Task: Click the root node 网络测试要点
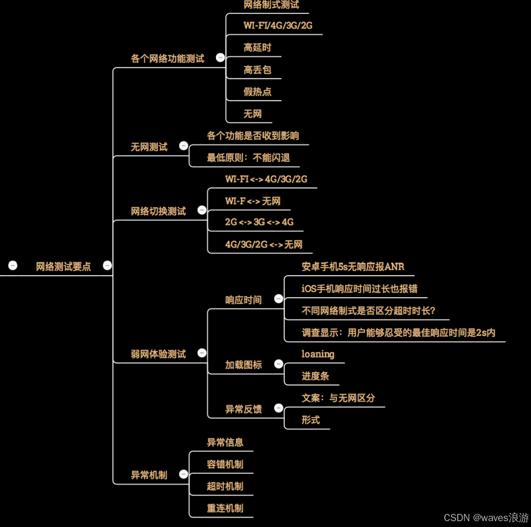coord(63,267)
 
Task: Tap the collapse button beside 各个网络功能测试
coord(220,58)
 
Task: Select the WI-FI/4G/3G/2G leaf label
coord(278,26)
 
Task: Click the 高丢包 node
coord(257,70)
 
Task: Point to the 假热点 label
coord(257,92)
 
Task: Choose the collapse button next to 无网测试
coord(183,146)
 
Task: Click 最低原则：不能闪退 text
coord(248,158)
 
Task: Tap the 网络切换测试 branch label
coord(158,211)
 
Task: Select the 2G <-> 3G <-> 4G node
coord(259,222)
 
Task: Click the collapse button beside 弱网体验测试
coord(202,353)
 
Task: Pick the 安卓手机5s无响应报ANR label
coord(353,267)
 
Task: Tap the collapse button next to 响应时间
coord(279,299)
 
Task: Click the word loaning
coord(318,354)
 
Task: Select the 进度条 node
coord(315,376)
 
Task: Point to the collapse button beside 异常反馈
coord(279,408)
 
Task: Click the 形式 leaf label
coord(310,420)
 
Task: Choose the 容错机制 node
coord(225,464)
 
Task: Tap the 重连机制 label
coord(225,508)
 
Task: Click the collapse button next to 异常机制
coord(183,474)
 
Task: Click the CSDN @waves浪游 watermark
coord(486,518)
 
